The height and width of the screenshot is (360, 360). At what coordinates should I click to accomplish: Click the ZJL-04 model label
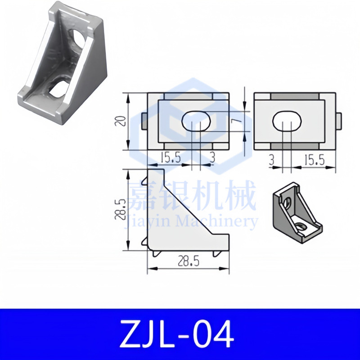click(180, 334)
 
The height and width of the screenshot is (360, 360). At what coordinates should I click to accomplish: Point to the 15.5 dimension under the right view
click(314, 160)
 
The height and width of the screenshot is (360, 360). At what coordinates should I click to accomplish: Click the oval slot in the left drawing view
click(197, 121)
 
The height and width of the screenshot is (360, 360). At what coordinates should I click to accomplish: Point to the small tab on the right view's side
click(339, 121)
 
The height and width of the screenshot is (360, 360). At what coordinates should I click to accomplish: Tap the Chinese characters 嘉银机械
click(192, 196)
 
